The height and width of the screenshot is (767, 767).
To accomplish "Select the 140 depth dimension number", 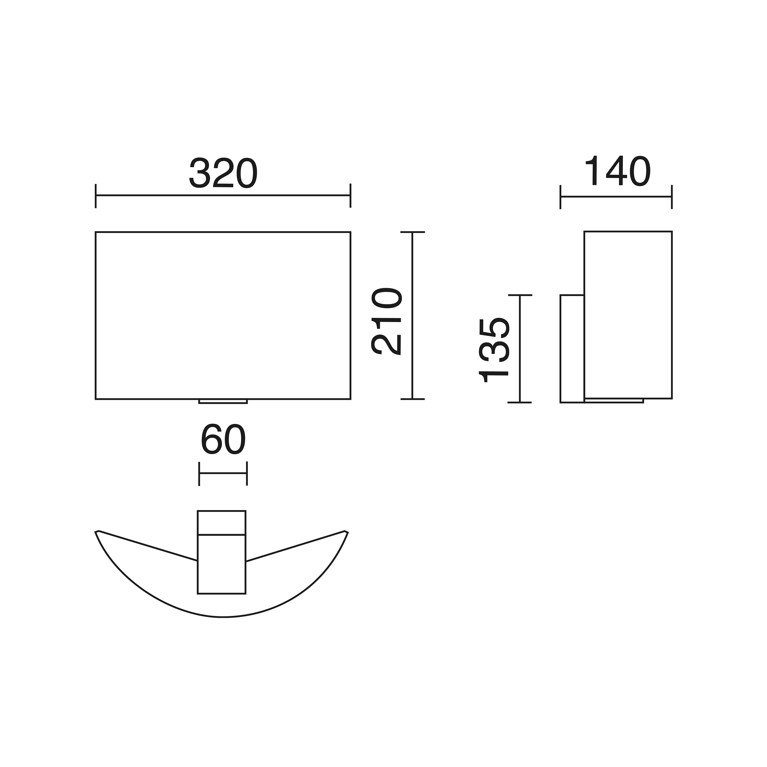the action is pyautogui.click(x=617, y=171).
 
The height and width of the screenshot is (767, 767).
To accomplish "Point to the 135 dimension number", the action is pyautogui.click(x=493, y=350).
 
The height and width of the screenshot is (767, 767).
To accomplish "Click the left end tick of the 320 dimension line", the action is pyautogui.click(x=96, y=196).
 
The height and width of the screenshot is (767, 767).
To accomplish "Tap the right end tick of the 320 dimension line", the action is pyautogui.click(x=350, y=196).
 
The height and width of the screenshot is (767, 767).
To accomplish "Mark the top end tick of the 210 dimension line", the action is pyautogui.click(x=412, y=232).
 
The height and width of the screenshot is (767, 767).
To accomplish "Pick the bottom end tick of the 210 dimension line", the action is pyautogui.click(x=412, y=399).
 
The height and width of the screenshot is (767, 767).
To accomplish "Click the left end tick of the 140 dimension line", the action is pyautogui.click(x=560, y=197).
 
